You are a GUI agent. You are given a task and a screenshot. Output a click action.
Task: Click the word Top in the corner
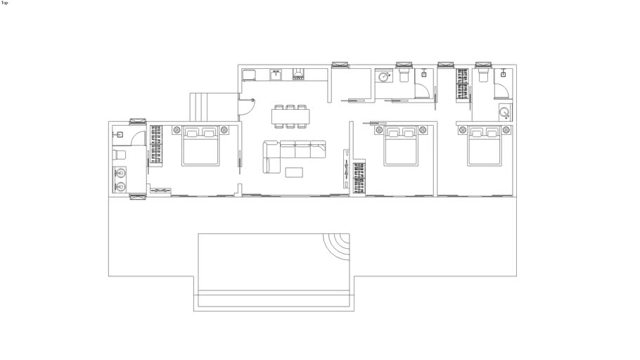click(x=4, y=3)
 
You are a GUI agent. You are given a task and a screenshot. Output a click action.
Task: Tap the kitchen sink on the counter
click(x=276, y=75)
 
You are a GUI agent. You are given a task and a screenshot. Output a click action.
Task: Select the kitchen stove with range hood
click(x=298, y=74)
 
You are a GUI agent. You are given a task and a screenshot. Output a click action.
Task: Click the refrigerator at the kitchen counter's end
click(x=249, y=75)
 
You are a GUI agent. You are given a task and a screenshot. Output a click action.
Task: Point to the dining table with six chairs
click(x=290, y=116)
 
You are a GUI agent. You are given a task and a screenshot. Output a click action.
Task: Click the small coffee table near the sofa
click(x=294, y=172)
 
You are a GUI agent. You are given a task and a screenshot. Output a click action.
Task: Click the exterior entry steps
click(x=215, y=107)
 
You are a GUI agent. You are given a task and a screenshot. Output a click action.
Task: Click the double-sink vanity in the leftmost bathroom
click(x=120, y=179)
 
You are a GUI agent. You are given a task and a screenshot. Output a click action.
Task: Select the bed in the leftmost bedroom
click(x=200, y=146)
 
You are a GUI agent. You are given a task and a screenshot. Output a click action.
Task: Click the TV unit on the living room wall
click(x=346, y=169)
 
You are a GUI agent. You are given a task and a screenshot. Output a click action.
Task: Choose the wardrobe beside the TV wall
click(x=359, y=178)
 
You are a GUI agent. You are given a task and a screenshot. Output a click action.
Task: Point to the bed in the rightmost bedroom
click(x=485, y=146)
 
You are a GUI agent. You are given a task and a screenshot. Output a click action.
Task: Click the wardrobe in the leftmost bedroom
click(x=156, y=145)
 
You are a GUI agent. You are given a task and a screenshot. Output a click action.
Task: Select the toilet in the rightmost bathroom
click(x=483, y=76)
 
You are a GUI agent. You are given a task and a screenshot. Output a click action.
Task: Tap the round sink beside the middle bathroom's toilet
click(x=384, y=77)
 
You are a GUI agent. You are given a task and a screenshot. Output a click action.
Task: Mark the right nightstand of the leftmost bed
click(x=224, y=130)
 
